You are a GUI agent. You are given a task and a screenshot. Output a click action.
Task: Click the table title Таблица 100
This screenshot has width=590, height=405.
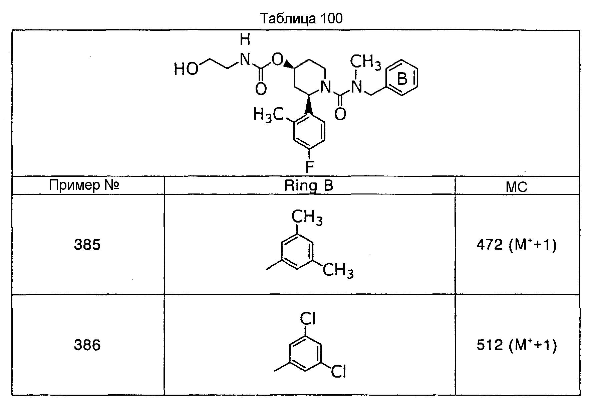301,19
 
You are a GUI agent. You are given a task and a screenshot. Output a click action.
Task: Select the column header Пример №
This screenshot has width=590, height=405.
84,185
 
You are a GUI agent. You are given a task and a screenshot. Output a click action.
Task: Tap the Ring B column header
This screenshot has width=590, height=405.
309,185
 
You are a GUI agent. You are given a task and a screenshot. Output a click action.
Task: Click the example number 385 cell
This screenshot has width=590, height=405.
87,245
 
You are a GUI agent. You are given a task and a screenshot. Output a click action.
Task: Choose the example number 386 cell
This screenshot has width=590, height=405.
87,345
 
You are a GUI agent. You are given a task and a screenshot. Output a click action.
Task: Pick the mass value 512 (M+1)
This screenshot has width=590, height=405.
517,346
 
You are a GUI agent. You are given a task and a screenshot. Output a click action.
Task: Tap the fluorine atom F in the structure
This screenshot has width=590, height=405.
310,166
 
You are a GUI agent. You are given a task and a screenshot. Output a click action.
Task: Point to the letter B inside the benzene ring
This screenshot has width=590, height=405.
402,79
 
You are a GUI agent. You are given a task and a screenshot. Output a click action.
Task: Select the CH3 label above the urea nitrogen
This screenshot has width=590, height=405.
365,62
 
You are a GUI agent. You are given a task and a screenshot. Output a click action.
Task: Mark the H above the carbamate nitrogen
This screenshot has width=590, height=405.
245,41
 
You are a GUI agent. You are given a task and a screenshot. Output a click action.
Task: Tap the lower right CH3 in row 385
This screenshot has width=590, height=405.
338,270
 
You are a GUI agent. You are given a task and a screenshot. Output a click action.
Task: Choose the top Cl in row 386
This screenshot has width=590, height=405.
308,319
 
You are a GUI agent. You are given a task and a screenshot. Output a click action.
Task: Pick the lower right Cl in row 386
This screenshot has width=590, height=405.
338,371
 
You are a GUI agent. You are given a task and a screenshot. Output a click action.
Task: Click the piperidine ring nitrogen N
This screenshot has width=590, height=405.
325,87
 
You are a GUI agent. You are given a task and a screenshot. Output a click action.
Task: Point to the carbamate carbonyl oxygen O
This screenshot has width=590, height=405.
261,90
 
